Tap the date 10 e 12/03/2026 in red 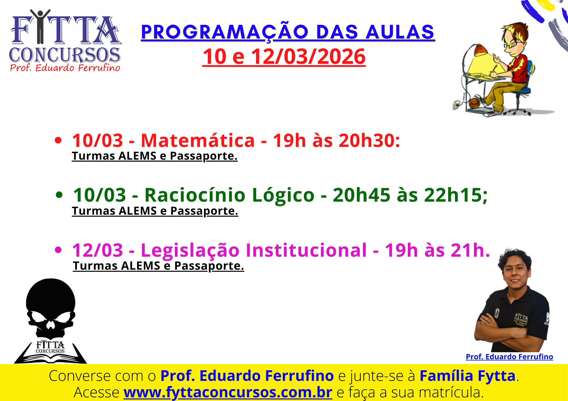coord(284,56)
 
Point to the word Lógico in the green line coord(283,196)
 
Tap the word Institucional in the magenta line coord(306,250)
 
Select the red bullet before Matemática coord(58,140)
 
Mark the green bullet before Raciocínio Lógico coord(59,195)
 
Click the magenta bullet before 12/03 coord(58,250)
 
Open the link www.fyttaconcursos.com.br coord(228,392)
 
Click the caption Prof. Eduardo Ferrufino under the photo coord(509,357)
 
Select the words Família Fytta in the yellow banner coord(467,376)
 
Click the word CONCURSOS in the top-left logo coord(65,55)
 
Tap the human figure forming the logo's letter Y coord(40,26)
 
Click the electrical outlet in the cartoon coord(457,105)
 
